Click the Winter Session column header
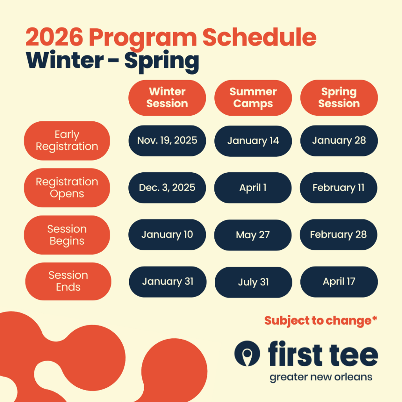(x=167, y=98)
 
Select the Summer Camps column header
(x=253, y=98)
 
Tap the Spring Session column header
(x=339, y=98)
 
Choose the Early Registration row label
(x=67, y=141)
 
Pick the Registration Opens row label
(x=67, y=188)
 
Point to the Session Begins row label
(x=67, y=235)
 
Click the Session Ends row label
(x=68, y=281)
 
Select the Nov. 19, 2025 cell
(x=167, y=141)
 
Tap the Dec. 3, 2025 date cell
(x=167, y=188)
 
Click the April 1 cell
(x=253, y=188)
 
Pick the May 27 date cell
(x=253, y=235)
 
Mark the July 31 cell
(x=253, y=282)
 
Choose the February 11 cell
(x=338, y=188)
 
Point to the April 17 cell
(x=339, y=282)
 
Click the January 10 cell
(x=167, y=235)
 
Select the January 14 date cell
(x=253, y=141)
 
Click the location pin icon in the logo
(x=247, y=354)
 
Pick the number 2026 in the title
(x=54, y=37)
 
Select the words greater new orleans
(x=321, y=377)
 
